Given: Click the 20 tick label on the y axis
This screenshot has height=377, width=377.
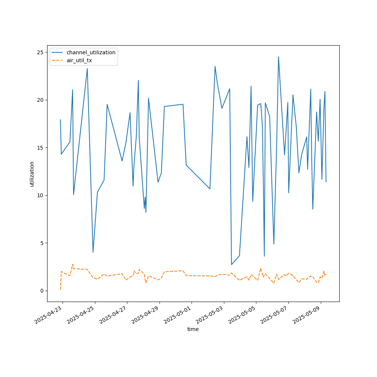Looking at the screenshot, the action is pos(40,100).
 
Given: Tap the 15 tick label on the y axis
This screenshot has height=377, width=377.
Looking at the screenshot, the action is pos(40,148).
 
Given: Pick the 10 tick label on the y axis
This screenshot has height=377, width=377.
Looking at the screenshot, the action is pos(40,195).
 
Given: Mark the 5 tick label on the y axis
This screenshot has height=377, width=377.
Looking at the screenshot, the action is pos(42,243).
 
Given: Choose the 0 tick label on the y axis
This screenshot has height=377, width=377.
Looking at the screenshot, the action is pos(42,291).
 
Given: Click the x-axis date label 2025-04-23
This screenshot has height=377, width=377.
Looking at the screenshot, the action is pos(48,315).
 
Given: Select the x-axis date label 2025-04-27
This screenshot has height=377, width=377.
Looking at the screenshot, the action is pos(113,315).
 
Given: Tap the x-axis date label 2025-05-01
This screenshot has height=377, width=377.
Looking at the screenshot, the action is pos(177,315).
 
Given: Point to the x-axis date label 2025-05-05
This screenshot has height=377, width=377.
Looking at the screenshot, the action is pos(242,315).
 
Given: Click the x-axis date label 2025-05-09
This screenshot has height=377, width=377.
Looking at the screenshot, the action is pos(306,315).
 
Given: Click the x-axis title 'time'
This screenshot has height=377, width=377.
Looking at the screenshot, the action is pos(193,329).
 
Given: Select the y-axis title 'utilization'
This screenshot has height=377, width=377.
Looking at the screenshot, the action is pos(32,174).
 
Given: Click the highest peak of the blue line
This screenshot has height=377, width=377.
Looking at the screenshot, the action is pos(279,57).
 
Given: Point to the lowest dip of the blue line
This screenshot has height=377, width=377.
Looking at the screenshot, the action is pos(231,265).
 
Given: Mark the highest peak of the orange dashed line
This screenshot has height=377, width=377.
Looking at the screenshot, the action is pos(73,264).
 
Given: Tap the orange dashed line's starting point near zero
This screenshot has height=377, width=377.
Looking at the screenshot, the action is pos(60,290).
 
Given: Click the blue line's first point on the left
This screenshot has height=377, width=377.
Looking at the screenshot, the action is pos(60,120).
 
